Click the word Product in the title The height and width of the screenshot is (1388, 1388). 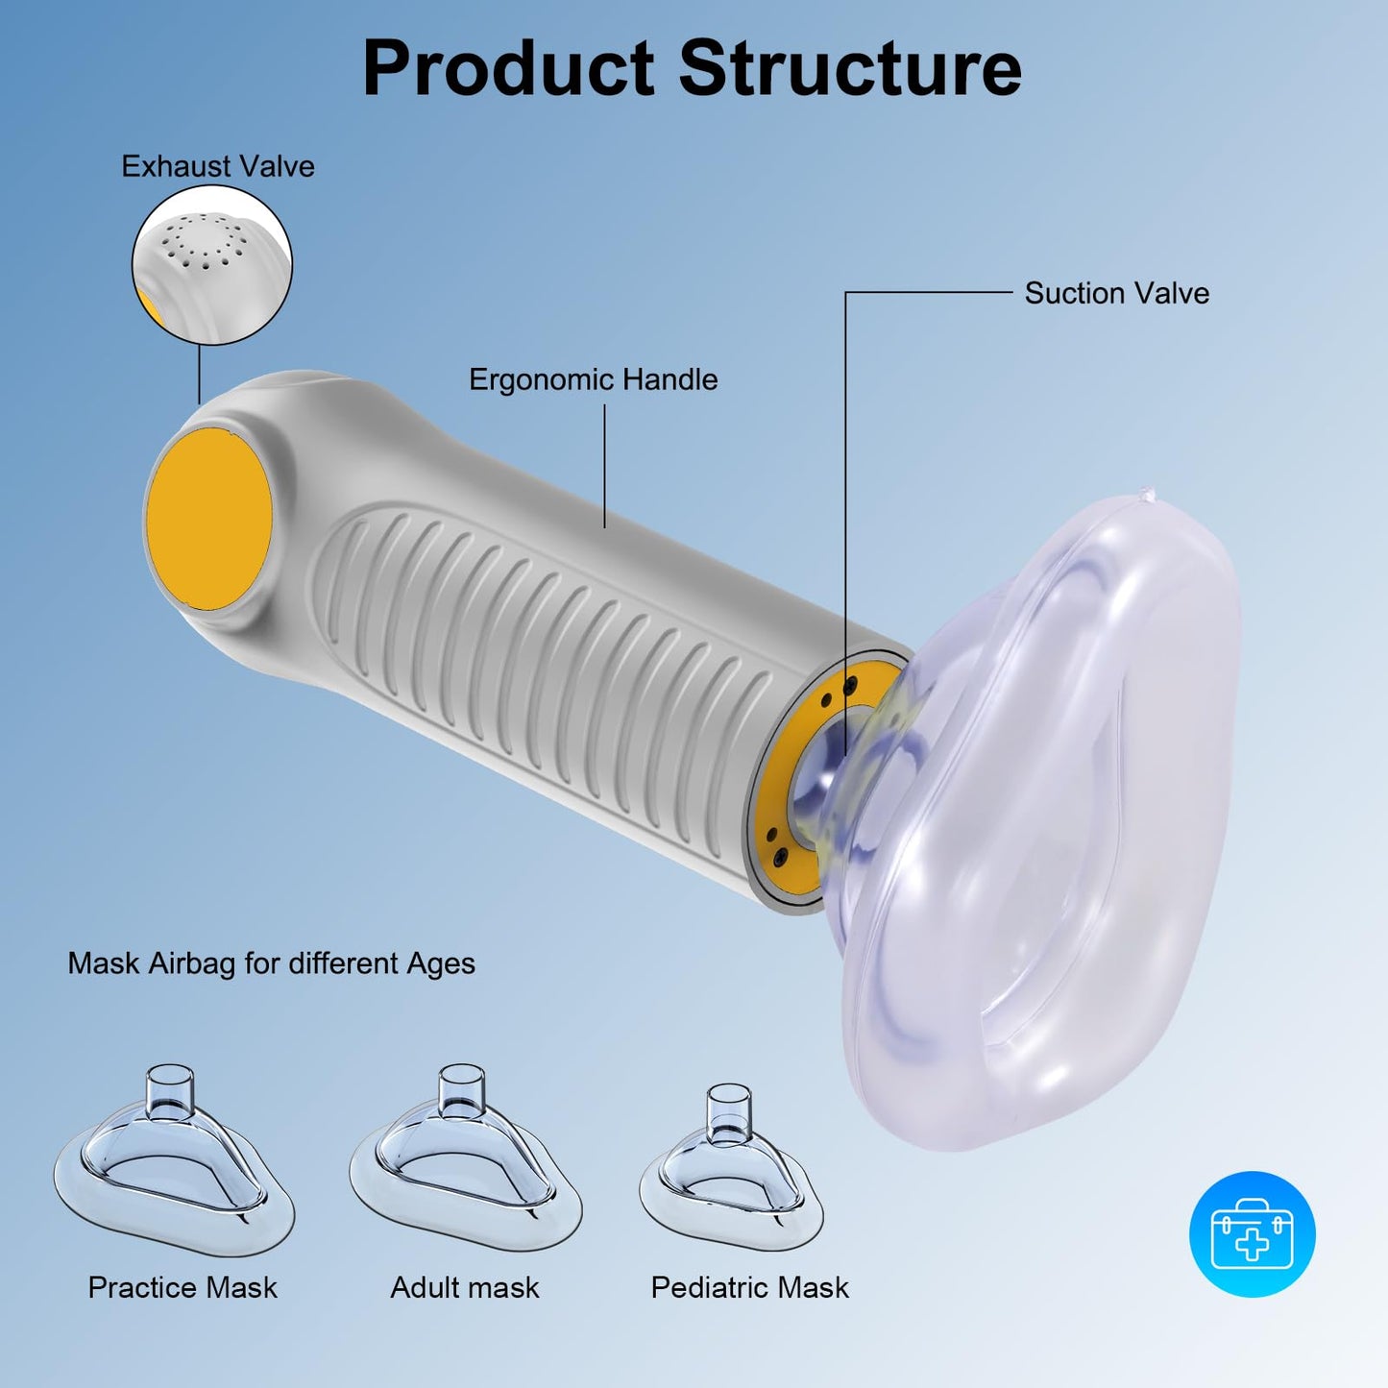coord(508,67)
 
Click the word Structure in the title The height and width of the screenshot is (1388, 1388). coord(850,67)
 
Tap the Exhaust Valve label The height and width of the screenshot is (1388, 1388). coord(217,166)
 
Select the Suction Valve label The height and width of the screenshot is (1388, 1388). coord(1116,293)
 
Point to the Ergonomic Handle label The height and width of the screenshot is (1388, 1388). coord(593,379)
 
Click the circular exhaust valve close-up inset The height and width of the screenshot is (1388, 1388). coord(211,264)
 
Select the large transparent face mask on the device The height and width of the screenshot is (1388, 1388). coord(1037,821)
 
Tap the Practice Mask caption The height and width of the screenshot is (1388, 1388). coord(183,1288)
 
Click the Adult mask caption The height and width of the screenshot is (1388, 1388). coord(465,1288)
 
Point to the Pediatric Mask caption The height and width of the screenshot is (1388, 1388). coord(750,1288)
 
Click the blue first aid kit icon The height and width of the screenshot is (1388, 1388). coord(1252,1234)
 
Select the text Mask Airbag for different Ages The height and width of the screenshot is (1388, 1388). coord(272,963)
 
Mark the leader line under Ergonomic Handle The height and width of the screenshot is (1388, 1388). coord(604,466)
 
